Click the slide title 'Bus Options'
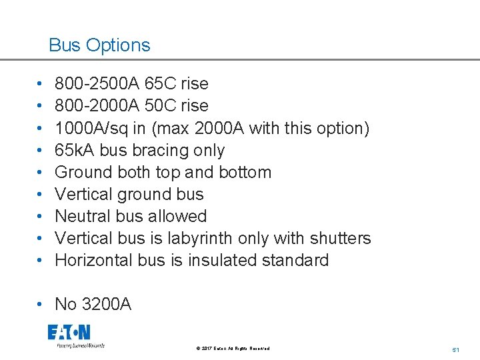coord(99,45)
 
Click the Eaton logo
coord(69,333)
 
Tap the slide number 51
coord(456,349)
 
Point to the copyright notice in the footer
coord(233,348)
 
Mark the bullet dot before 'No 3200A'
coord(41,305)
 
